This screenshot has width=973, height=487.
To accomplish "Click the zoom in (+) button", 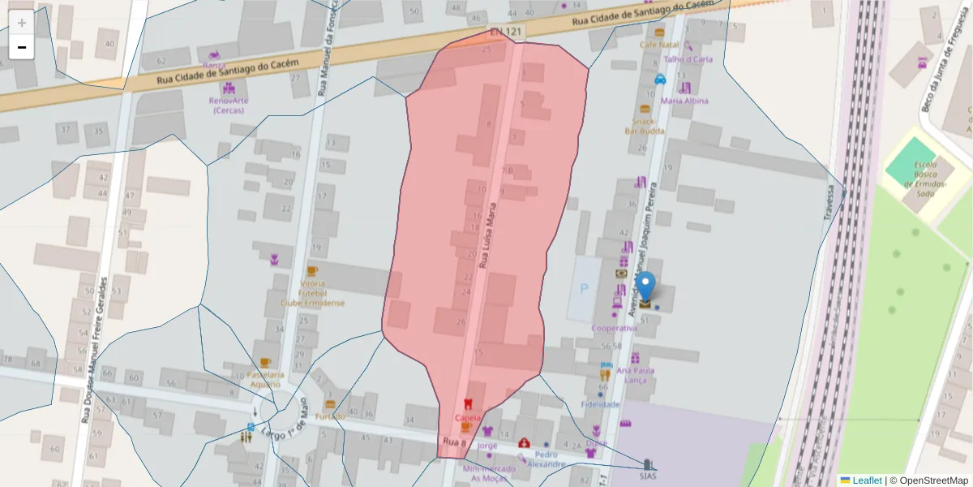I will tap(22, 23).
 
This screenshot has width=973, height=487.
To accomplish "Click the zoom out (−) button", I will tap(22, 47).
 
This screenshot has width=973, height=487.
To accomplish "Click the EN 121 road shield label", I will tap(507, 32).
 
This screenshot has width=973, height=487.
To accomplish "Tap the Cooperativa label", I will tap(614, 328).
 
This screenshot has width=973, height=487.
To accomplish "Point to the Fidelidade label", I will tap(601, 403).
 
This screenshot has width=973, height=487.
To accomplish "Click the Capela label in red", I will tap(468, 419).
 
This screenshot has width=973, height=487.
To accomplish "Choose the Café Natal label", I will tap(658, 45).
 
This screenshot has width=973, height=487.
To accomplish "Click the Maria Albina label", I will tap(684, 101).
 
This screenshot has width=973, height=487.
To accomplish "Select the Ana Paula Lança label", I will tap(635, 375).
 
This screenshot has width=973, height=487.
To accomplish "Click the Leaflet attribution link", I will tap(866, 481).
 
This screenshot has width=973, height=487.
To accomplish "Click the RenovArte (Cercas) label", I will tap(229, 106).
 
